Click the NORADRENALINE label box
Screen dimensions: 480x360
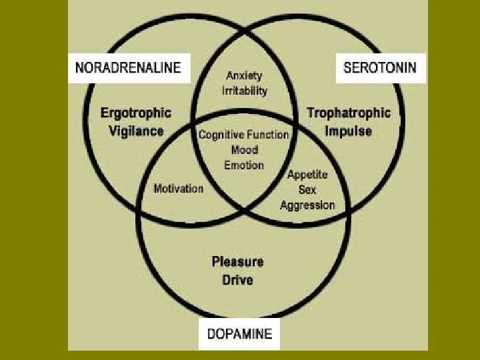pyautogui.click(x=129, y=67)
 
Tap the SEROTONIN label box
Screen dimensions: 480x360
pyautogui.click(x=380, y=67)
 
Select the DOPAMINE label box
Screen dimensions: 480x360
pyautogui.click(x=239, y=333)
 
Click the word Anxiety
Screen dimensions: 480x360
pyautogui.click(x=244, y=75)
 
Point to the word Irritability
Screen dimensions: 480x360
pyautogui.click(x=244, y=90)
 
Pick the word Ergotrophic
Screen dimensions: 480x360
pyautogui.click(x=136, y=113)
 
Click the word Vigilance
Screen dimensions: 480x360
pyautogui.click(x=136, y=131)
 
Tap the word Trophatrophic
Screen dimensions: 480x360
pyautogui.click(x=348, y=113)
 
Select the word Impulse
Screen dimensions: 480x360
pyautogui.click(x=348, y=131)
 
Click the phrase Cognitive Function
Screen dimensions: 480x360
pyautogui.click(x=244, y=135)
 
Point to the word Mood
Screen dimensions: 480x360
pyautogui.click(x=244, y=150)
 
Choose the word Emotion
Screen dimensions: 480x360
pyautogui.click(x=244, y=165)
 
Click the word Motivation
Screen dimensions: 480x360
pyautogui.click(x=178, y=189)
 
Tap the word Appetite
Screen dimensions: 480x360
pyautogui.click(x=307, y=175)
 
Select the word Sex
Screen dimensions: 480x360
pyautogui.click(x=307, y=190)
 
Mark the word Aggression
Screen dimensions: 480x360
pyautogui.click(x=307, y=205)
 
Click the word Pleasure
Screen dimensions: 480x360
pyautogui.click(x=238, y=261)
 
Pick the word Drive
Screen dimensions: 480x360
pyautogui.click(x=238, y=279)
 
